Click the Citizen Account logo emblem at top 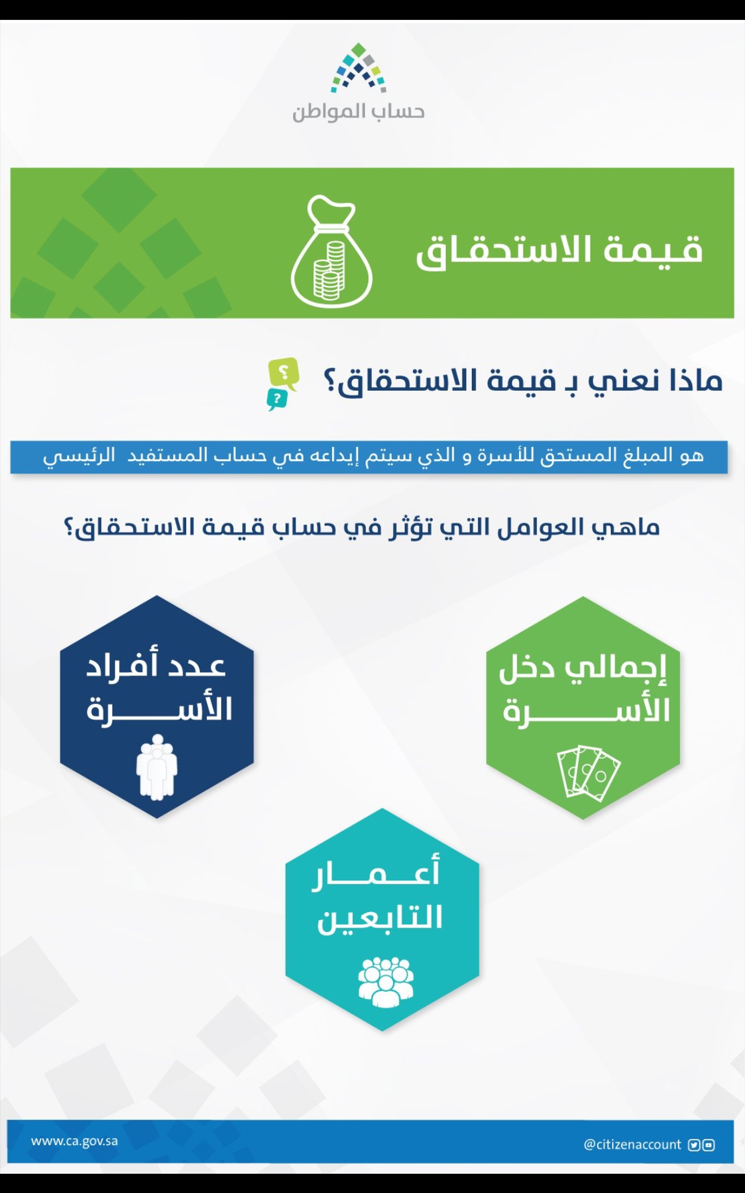pyautogui.click(x=359, y=68)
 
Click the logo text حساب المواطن pyautogui.click(x=359, y=112)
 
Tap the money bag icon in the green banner pyautogui.click(x=332, y=251)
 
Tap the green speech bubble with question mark pyautogui.click(x=283, y=373)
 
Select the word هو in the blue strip pyautogui.click(x=692, y=455)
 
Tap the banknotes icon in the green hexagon pyautogui.click(x=589, y=772)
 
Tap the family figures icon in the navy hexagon pyautogui.click(x=157, y=767)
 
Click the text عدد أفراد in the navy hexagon pyautogui.click(x=156, y=666)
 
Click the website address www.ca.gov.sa pyautogui.click(x=74, y=1141)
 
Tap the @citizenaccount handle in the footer pyautogui.click(x=632, y=1145)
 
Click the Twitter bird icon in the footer pyautogui.click(x=694, y=1145)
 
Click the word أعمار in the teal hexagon pyautogui.click(x=376, y=872)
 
